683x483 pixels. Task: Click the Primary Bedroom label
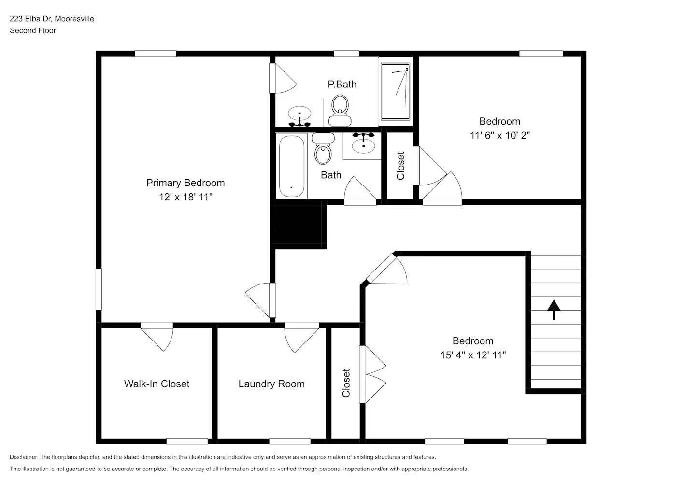click(185, 183)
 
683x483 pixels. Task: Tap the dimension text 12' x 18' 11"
click(185, 197)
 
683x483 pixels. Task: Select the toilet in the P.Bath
click(340, 110)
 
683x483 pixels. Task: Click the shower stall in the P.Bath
click(396, 91)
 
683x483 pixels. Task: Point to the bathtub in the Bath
click(292, 166)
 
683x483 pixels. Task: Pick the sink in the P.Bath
click(299, 115)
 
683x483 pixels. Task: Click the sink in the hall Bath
click(363, 143)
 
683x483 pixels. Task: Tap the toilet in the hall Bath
click(323, 149)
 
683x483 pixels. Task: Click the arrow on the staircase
click(554, 310)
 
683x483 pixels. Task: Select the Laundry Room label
click(271, 384)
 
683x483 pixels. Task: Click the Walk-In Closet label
click(157, 384)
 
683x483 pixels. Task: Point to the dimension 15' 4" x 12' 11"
click(473, 355)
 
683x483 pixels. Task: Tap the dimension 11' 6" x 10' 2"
click(499, 135)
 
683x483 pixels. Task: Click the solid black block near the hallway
click(298, 225)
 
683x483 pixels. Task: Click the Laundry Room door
click(301, 337)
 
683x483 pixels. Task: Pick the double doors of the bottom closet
click(372, 374)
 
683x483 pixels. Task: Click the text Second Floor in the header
click(33, 30)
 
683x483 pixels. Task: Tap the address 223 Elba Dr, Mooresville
click(52, 19)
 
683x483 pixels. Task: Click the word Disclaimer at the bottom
click(24, 457)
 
